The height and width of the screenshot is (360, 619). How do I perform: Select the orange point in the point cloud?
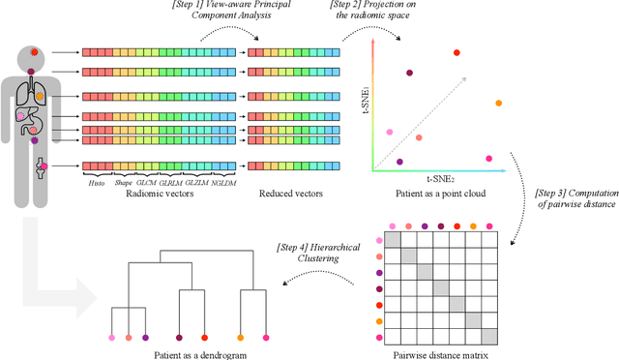tap(499, 103)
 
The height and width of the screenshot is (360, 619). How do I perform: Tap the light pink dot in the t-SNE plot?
tap(390, 133)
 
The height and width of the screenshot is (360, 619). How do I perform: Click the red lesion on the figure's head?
tap(35, 52)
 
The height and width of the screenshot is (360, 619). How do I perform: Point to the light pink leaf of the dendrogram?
tap(111, 338)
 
